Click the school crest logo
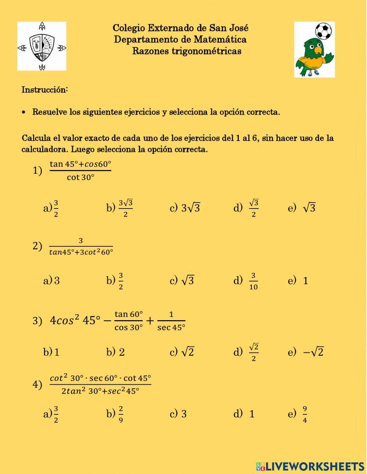pos(42,46)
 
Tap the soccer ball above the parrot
pos(323,31)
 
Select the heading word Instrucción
pos(45,90)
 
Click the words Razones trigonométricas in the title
pos(186,51)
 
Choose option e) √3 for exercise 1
pos(302,208)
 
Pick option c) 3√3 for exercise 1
pos(185,208)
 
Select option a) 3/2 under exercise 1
pos(51,208)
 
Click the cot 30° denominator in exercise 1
pos(80,177)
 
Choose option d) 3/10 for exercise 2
pos(246,281)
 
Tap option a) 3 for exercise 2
pos(52,281)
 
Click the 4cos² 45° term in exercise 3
pos(75,321)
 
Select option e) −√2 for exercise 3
pos(306,352)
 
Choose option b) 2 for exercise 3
pos(116,352)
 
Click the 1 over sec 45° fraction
pos(171,321)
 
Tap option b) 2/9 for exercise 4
pos(115,414)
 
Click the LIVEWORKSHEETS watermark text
pos(314,466)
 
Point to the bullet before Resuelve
pos(24,112)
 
